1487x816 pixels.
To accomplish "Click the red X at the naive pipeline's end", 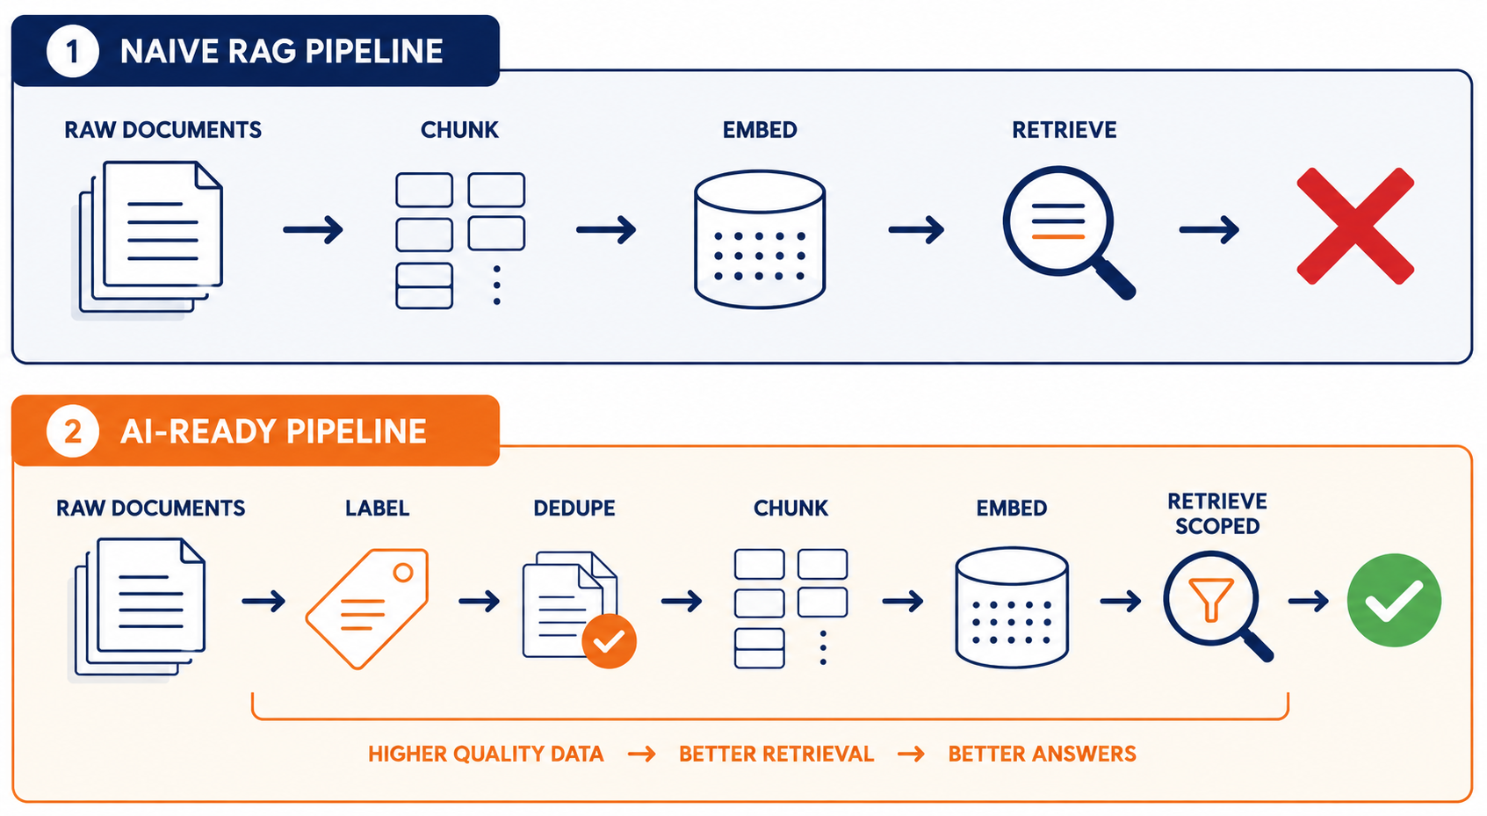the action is pos(1355,227).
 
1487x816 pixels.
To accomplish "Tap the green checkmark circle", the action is pos(1394,600).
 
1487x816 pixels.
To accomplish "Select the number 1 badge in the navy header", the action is pos(72,51).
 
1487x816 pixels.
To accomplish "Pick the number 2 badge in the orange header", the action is pos(72,431).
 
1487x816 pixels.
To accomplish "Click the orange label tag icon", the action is pos(367,608).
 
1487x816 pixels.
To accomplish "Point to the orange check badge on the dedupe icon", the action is pos(609,640).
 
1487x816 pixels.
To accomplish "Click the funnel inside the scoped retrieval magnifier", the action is pos(1211,599).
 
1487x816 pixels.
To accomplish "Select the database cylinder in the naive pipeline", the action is pos(760,239).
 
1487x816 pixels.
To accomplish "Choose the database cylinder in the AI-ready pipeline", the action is pos(1011,607).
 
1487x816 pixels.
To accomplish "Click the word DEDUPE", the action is pos(574,509).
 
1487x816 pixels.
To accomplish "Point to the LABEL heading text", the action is pos(377,509).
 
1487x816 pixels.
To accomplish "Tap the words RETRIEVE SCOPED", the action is pos(1217,514).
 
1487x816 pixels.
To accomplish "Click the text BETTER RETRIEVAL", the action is pos(776,755).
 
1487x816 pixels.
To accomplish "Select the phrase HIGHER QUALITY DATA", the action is pos(486,755).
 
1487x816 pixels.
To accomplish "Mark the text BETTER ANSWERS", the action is pos(1043,755).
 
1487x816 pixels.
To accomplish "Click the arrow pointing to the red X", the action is pos(1209,230).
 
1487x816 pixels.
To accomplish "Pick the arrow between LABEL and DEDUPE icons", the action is pos(480,602).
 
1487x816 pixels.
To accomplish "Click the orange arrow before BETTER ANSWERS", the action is pos(911,755).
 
